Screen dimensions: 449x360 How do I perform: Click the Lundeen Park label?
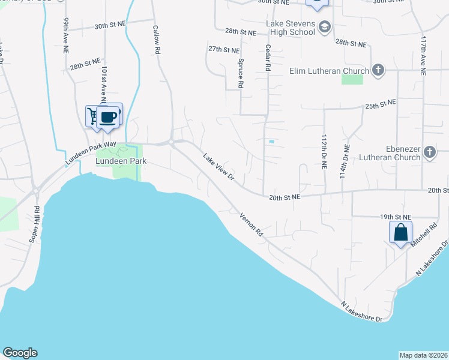121,161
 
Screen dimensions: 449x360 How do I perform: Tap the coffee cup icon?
109,116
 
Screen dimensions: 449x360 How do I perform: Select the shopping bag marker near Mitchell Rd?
400,232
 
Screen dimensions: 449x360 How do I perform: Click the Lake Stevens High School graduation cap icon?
324,28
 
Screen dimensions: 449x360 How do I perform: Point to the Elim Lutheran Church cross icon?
378,71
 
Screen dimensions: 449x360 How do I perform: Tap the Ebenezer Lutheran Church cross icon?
429,152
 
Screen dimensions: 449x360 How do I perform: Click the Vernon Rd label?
252,224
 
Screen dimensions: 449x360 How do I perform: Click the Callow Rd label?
156,40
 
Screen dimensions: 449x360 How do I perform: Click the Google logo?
20,353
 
